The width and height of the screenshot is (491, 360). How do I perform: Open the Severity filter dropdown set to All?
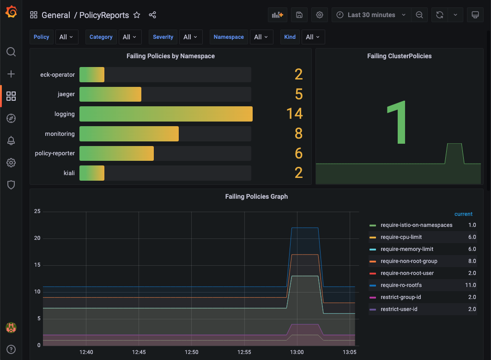click(190, 37)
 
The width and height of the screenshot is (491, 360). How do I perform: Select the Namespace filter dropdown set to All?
click(261, 37)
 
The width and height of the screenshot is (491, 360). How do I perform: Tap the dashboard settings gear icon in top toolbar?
click(320, 15)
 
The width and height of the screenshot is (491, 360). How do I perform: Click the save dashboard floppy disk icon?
click(299, 15)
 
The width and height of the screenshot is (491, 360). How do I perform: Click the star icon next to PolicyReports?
click(137, 15)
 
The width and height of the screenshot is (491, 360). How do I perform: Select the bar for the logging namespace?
click(166, 114)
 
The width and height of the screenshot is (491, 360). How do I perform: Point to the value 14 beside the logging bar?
click(294, 114)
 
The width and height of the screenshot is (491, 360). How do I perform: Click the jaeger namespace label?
click(66, 94)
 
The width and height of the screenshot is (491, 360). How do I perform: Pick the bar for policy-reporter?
click(116, 153)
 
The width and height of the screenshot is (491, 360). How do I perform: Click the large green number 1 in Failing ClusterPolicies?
click(397, 123)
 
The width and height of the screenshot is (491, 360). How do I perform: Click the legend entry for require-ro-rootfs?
click(400, 285)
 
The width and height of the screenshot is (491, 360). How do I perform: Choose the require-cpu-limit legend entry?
click(401, 237)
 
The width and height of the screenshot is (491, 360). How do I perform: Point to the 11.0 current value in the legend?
click(470, 285)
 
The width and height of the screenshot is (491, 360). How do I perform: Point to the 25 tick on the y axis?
click(37, 212)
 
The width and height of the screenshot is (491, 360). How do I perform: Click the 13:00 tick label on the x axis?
click(297, 352)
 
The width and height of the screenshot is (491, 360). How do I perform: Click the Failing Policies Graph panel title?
click(256, 196)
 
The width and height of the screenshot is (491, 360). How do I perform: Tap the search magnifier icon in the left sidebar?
click(11, 51)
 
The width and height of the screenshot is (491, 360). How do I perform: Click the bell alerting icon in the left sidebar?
click(11, 140)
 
